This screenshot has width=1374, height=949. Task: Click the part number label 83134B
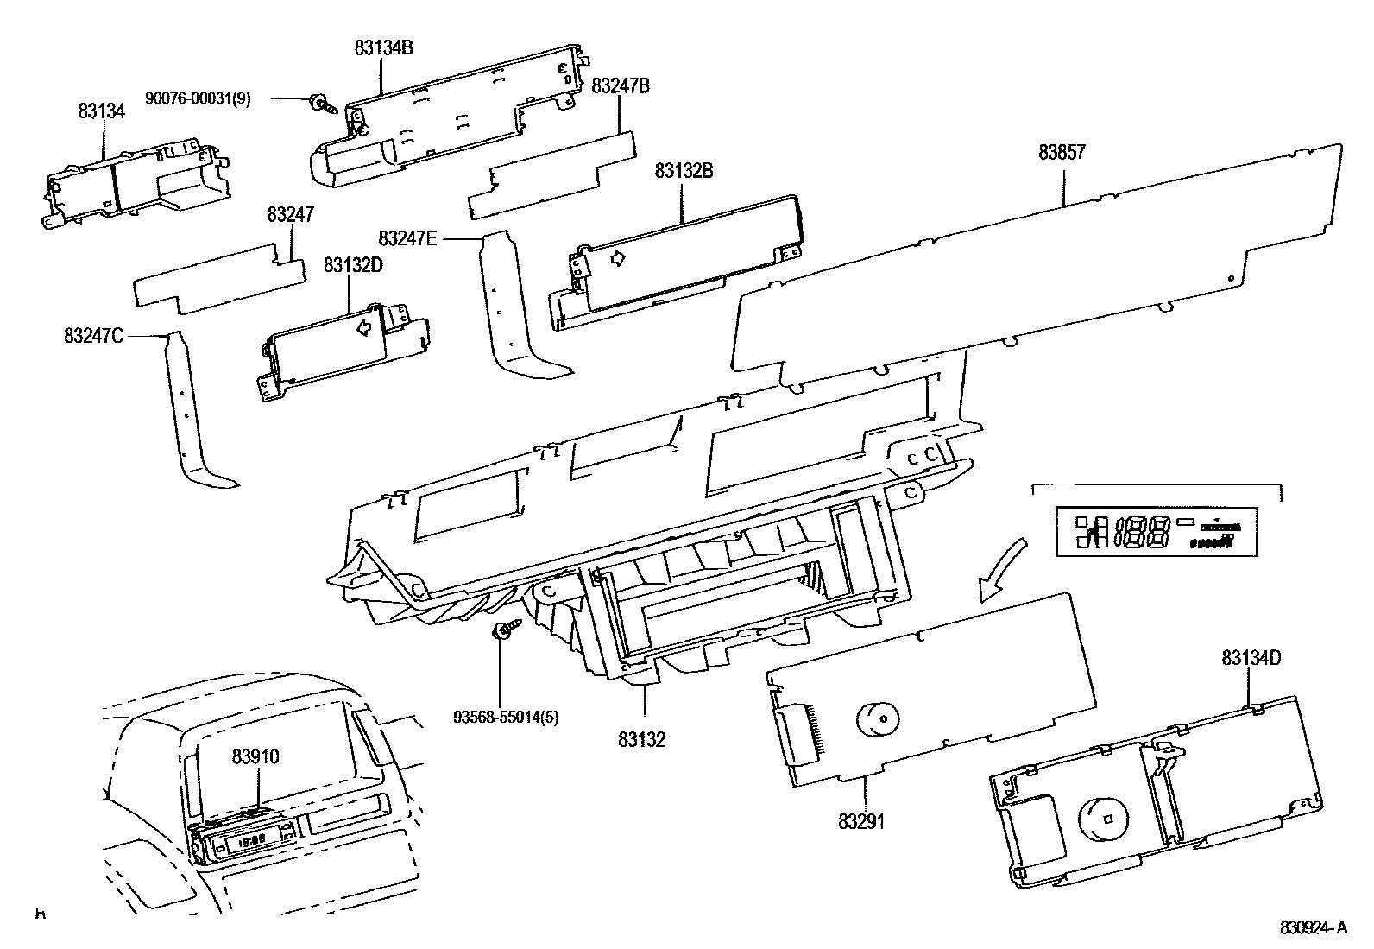(x=383, y=48)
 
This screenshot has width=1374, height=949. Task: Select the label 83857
(x=1062, y=153)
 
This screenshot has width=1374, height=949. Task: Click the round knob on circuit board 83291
(x=878, y=718)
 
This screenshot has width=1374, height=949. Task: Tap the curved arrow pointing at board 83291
(x=1001, y=570)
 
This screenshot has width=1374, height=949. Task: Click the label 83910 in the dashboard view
(x=255, y=756)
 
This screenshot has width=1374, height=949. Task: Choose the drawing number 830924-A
(x=1312, y=928)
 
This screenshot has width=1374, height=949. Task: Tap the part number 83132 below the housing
(x=641, y=739)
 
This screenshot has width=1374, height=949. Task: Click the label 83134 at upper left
(x=102, y=111)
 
